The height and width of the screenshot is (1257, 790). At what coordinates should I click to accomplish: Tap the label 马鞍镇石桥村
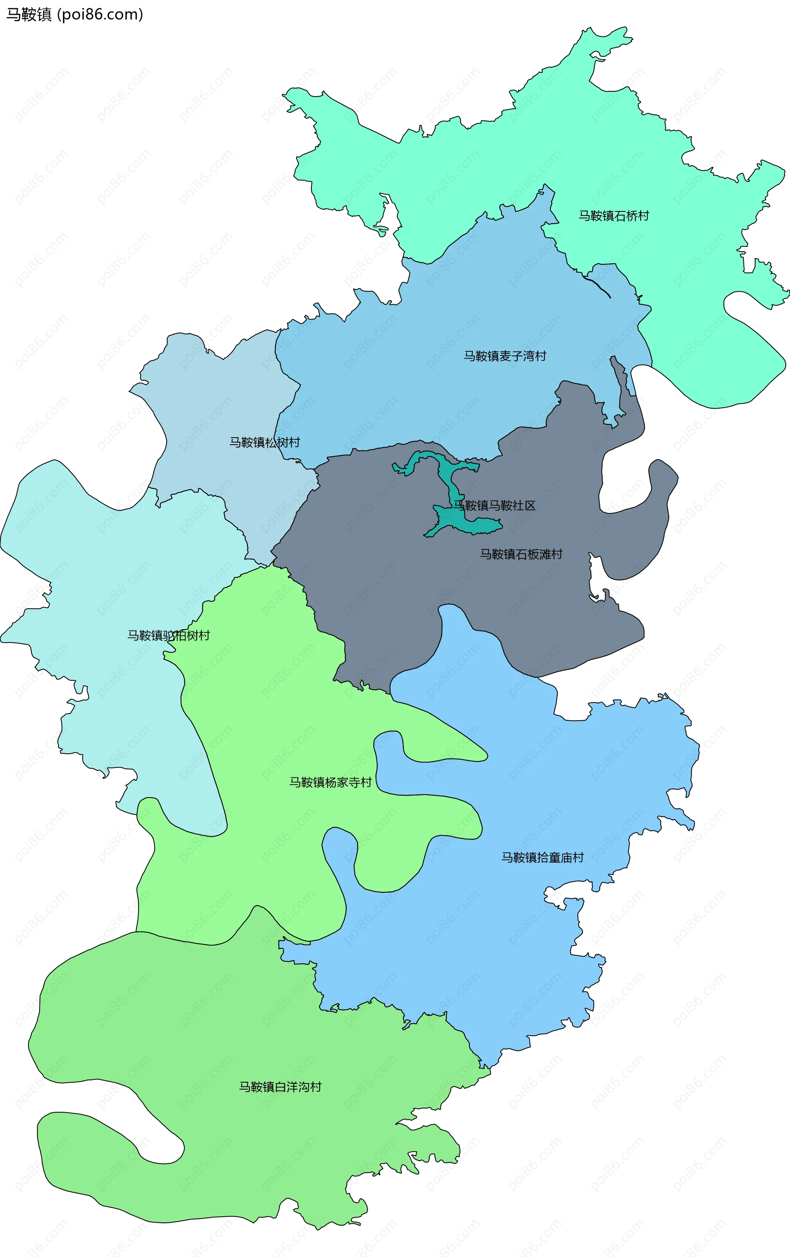613,216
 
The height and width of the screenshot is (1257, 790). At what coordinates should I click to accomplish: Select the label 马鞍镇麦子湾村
504,356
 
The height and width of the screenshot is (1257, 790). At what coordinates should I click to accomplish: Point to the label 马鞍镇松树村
265,443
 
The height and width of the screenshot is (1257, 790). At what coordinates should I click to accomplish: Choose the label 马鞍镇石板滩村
521,554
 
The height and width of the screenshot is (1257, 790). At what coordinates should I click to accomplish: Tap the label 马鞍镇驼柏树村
168,635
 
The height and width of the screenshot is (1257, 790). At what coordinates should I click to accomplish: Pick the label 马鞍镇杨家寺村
330,782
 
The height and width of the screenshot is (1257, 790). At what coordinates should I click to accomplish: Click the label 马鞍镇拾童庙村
542,857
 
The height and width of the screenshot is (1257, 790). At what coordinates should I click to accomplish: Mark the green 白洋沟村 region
209,1018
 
